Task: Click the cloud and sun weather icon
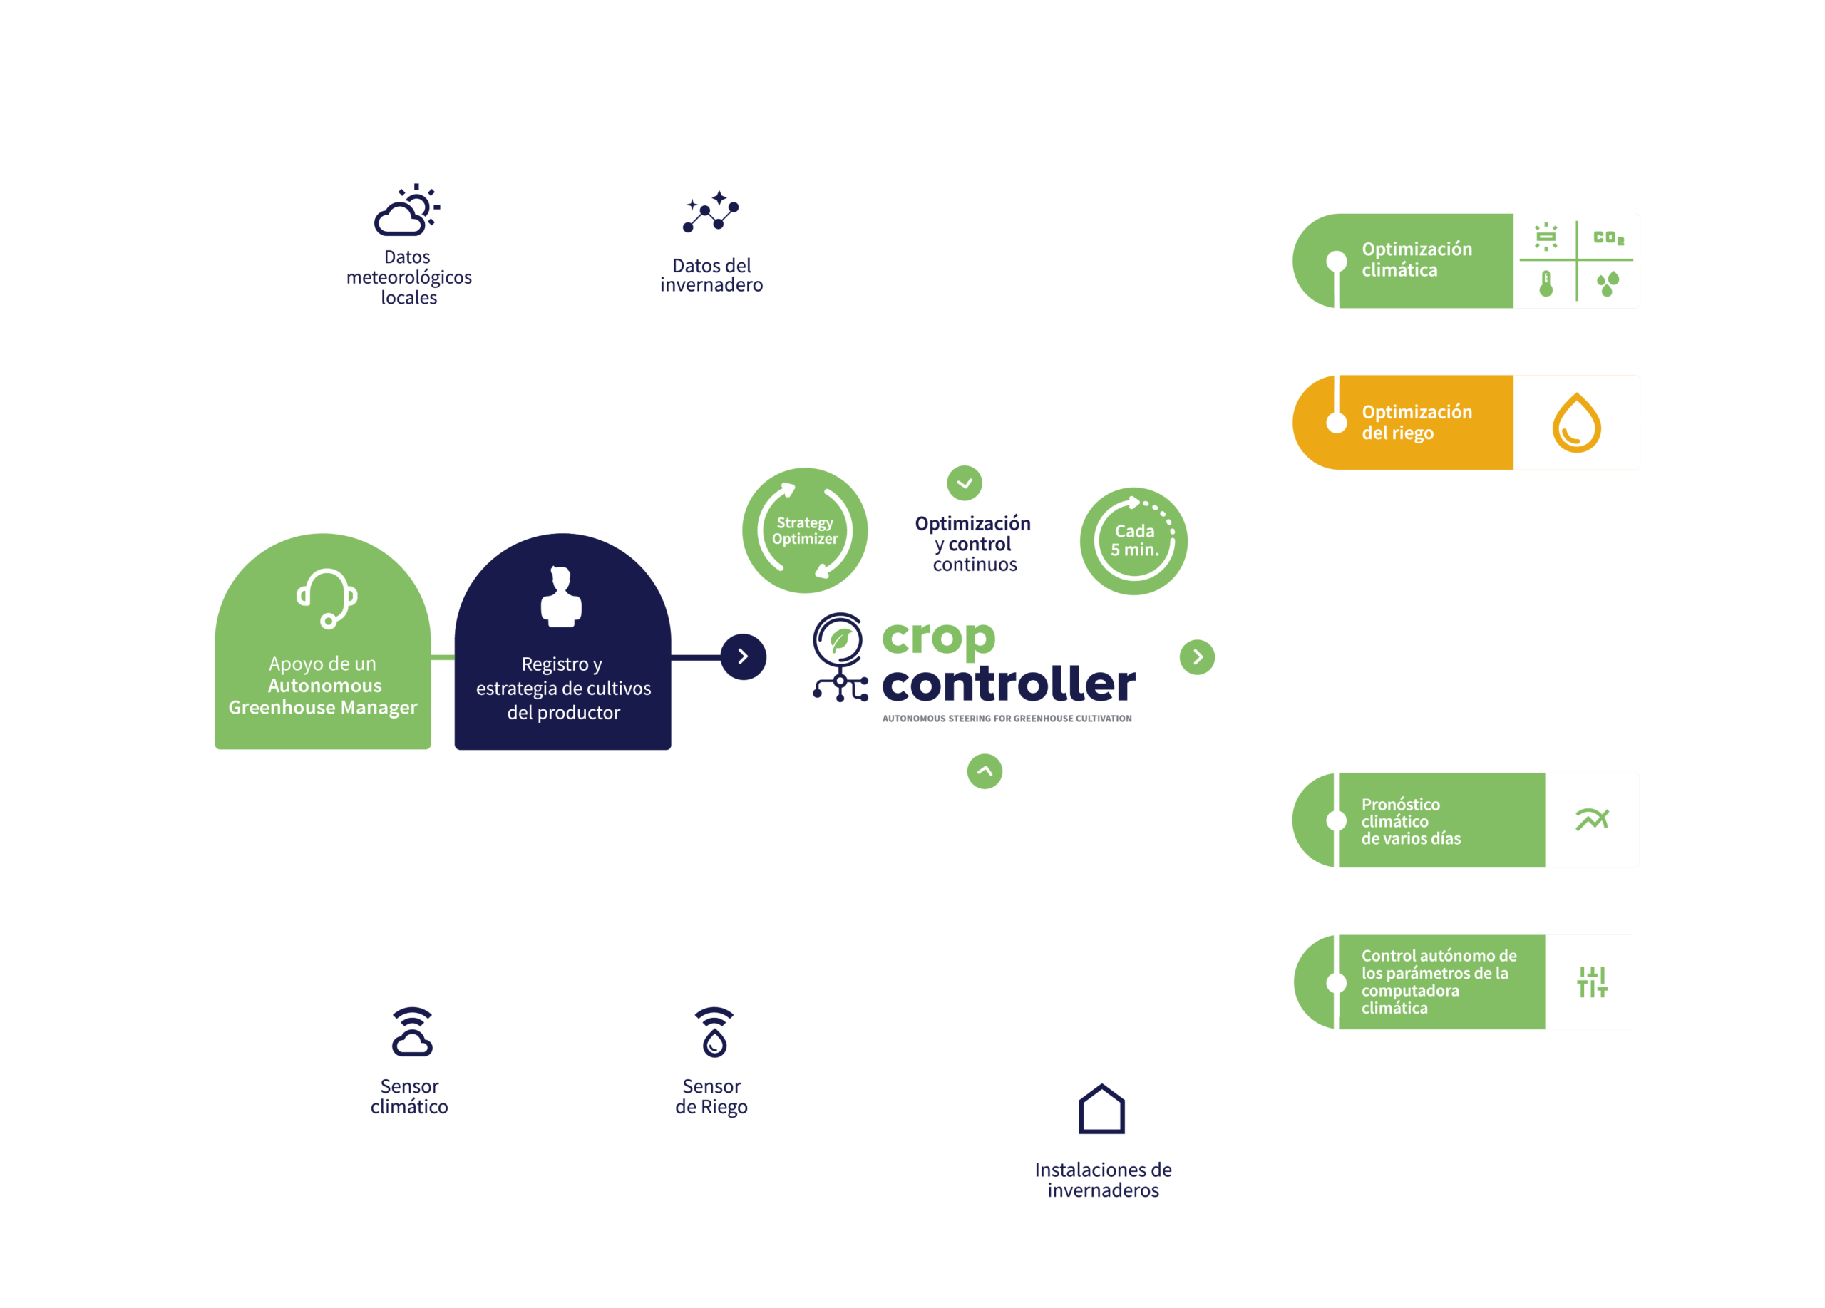[407, 211]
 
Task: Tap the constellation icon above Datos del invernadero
[711, 212]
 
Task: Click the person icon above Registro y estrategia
[561, 597]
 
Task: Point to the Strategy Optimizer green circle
[804, 531]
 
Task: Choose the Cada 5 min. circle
[1133, 540]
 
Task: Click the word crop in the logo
[938, 639]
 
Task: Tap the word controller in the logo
[1008, 684]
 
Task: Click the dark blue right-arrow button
[743, 656]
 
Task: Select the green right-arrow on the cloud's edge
[1198, 656]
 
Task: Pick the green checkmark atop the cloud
[964, 483]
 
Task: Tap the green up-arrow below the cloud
[985, 771]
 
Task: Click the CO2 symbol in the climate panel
[1608, 238]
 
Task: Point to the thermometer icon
[1546, 284]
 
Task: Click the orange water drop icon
[1576, 422]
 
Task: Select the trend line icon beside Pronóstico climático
[1592, 820]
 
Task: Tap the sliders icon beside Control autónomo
[1592, 982]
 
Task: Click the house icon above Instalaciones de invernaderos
[1101, 1109]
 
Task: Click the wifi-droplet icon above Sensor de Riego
[714, 1031]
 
